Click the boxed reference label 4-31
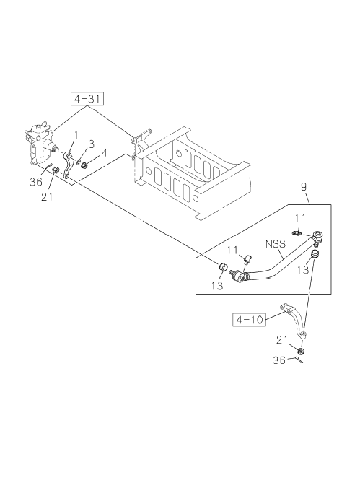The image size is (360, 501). (x=87, y=99)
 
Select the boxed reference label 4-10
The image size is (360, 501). (x=249, y=319)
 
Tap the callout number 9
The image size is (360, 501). (x=304, y=187)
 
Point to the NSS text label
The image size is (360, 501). (x=276, y=244)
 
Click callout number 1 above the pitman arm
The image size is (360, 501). (x=76, y=135)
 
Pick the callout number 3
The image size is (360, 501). (x=92, y=144)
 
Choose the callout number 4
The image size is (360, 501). (x=105, y=153)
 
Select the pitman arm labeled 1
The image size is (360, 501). (x=68, y=165)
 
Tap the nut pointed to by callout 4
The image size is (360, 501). (x=84, y=165)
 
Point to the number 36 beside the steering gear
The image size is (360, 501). (x=36, y=182)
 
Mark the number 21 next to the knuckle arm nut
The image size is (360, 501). (x=282, y=340)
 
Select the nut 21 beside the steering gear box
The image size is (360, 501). (x=56, y=170)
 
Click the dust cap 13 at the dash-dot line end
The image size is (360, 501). (x=223, y=266)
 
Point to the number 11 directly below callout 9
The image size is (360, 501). (x=300, y=218)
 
